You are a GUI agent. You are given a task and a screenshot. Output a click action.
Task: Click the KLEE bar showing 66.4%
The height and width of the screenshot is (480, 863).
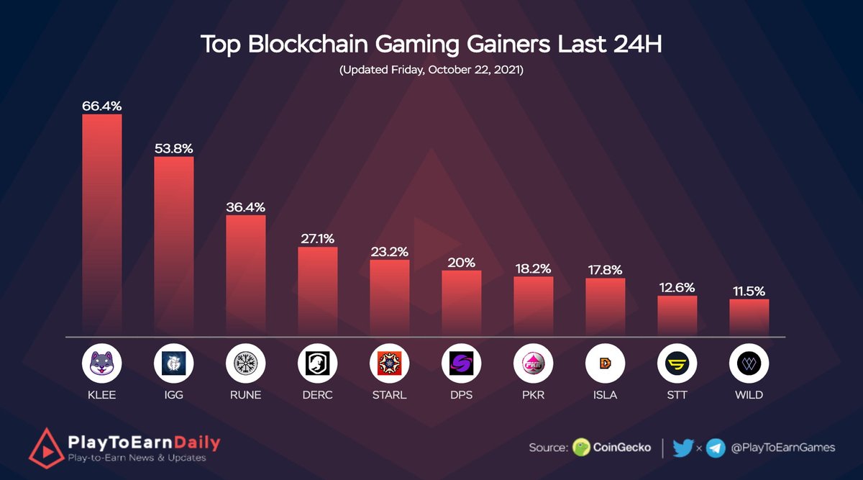pos(102,225)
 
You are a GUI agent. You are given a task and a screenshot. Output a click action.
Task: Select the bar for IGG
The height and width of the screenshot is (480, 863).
pos(174,246)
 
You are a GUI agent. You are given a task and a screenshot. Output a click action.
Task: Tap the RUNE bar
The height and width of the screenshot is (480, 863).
pos(246,276)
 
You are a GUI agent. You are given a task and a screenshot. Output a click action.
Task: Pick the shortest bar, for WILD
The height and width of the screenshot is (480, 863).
pos(749,317)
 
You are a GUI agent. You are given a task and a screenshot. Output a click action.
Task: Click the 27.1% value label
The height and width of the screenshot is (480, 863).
pos(317,238)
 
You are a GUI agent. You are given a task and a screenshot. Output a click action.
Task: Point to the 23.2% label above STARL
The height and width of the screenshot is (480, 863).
pos(390,251)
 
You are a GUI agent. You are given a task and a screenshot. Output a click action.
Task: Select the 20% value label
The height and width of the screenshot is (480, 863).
pos(461,263)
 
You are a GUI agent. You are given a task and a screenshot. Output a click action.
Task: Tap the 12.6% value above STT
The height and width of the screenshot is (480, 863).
pos(677,287)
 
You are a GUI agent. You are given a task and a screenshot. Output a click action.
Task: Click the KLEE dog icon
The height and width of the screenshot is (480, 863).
pos(102,364)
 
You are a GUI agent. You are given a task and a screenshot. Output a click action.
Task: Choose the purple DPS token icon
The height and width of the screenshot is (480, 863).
pos(462,364)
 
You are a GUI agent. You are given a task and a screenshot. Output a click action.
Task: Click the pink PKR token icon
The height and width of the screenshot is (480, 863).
pos(534,364)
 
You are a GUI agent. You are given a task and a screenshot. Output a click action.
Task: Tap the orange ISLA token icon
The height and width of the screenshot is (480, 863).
pos(606,364)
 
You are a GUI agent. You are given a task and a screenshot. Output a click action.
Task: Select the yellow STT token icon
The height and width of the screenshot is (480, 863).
pos(677,364)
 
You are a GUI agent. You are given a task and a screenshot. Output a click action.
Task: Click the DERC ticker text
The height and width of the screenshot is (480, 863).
pos(317,395)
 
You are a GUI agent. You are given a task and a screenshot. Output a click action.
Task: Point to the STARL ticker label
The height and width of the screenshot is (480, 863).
pos(389,395)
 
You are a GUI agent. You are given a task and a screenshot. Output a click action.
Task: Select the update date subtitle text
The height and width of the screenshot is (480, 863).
pos(431,72)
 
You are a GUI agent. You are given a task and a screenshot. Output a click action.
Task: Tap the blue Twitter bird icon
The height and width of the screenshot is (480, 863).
pos(683,448)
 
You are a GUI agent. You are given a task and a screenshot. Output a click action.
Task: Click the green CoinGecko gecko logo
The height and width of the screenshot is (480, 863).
pos(581,448)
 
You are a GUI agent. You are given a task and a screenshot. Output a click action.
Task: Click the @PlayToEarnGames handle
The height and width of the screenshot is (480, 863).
pos(782,448)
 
